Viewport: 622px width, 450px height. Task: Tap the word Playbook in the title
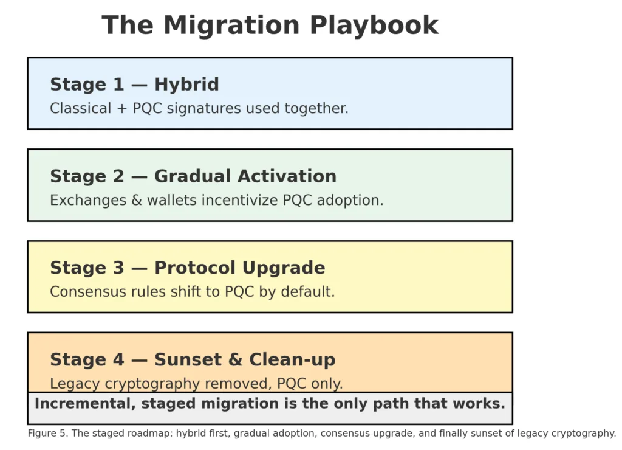click(x=374, y=25)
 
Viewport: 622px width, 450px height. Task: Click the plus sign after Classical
click(x=121, y=108)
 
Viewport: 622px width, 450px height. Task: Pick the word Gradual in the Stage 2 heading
click(x=193, y=176)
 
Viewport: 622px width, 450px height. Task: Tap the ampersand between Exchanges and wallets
click(x=137, y=200)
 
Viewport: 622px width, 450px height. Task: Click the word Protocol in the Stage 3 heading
click(x=195, y=268)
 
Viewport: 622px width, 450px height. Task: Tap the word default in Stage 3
click(x=308, y=291)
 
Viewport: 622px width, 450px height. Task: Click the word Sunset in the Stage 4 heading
click(x=188, y=359)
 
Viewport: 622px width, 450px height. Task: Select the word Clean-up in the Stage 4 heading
click(x=292, y=360)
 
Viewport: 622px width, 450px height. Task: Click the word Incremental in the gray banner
click(x=85, y=404)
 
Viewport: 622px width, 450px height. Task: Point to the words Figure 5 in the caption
click(x=47, y=434)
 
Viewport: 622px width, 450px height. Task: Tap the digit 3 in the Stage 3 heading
click(x=118, y=268)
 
